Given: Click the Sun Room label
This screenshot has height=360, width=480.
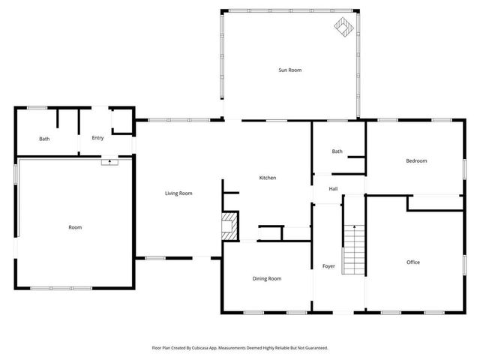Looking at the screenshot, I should coord(289,70).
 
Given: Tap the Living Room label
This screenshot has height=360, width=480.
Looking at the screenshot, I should coord(178,193).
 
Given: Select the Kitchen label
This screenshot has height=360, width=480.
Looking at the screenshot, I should coord(268,178).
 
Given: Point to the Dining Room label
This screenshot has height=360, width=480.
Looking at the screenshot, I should coord(266,278).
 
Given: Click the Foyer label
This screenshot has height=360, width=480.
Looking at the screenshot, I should coord(328,265).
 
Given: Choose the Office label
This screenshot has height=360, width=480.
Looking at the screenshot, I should coord(412,262).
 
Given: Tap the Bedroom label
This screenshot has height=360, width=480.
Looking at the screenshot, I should coord(416,160).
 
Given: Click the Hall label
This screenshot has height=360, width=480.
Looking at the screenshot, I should coord(333,188).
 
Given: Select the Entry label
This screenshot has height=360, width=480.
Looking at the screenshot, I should coord(97,138).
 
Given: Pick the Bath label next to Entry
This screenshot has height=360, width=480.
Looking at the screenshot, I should coord(44,139).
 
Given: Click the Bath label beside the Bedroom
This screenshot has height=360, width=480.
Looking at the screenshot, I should coord(337,151).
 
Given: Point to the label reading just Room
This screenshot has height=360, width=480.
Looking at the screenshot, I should coord(75,227).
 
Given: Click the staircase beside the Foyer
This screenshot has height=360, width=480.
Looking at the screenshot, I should coord(354,248).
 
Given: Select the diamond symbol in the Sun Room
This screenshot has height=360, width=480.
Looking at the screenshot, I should coord(343,28).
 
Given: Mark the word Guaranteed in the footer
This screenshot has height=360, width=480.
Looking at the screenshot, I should coord(314,348).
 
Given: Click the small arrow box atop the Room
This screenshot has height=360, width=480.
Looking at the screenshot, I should coord(110,160).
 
